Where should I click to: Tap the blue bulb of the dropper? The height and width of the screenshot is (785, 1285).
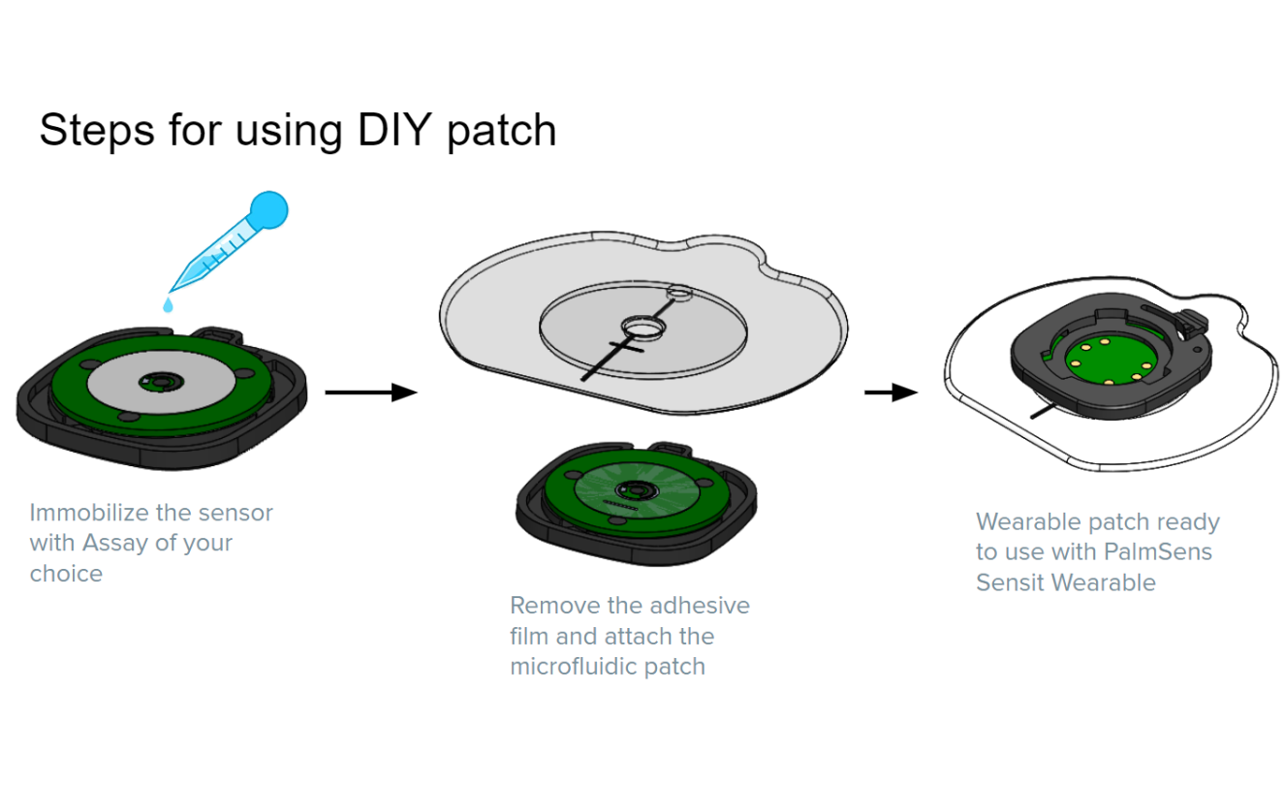(x=268, y=208)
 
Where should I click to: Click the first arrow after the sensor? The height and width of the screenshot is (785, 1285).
(x=370, y=392)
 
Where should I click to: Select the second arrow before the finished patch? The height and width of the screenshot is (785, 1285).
(x=891, y=392)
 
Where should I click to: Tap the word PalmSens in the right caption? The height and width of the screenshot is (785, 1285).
(x=1158, y=552)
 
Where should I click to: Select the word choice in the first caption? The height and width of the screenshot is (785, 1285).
(x=66, y=574)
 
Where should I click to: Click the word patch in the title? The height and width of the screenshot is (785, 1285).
(x=501, y=130)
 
